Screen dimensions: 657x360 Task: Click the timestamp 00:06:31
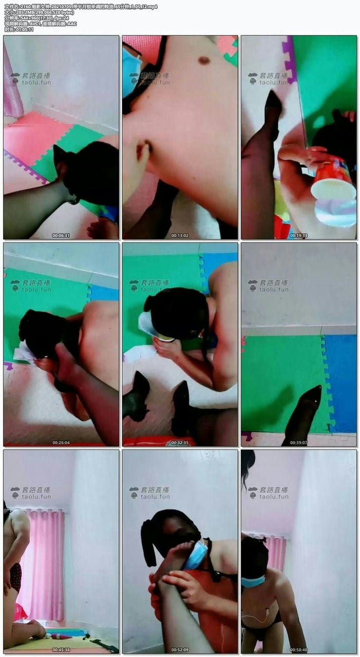(x=61, y=235)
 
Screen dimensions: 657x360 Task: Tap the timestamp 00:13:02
(x=180, y=235)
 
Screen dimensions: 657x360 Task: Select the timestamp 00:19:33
(x=298, y=235)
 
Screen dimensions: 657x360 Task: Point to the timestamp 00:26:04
(x=61, y=442)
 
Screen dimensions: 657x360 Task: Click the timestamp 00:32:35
(x=180, y=442)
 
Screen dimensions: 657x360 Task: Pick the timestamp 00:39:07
(x=298, y=442)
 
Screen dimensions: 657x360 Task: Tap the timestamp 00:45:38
(x=61, y=650)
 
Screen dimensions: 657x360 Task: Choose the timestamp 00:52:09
(x=180, y=650)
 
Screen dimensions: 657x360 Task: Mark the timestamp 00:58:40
(x=298, y=650)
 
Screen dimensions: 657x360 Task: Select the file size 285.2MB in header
(x=22, y=12)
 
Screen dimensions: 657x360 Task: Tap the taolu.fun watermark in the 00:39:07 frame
(x=273, y=289)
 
